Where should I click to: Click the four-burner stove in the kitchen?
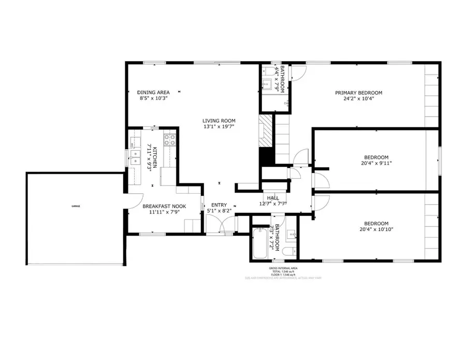click(x=169, y=139)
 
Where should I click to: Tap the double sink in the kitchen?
click(x=135, y=156)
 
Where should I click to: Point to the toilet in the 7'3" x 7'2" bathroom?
click(x=288, y=252)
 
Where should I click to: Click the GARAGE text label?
click(x=76, y=206)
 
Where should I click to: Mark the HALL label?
click(x=273, y=198)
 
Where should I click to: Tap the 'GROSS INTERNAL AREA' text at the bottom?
click(x=283, y=268)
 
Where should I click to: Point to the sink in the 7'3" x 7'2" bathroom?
click(x=291, y=234)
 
